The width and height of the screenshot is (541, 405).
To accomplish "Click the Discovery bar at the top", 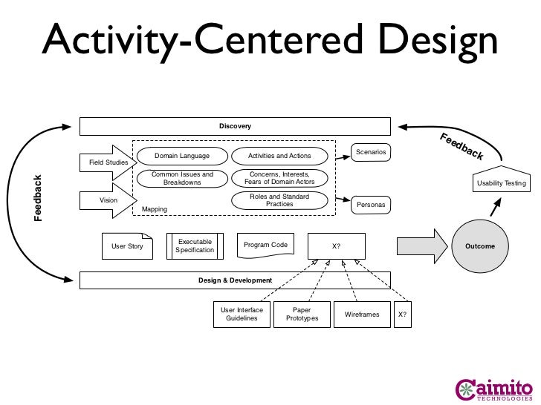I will (x=235, y=126).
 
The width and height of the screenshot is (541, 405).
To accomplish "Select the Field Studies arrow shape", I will (x=108, y=162).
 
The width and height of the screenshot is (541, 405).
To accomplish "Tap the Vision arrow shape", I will (x=108, y=200).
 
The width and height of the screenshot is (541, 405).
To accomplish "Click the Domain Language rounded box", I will (x=181, y=156).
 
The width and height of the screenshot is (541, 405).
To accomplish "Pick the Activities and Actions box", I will (x=278, y=156).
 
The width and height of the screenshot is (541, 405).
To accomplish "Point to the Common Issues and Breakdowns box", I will (x=181, y=178).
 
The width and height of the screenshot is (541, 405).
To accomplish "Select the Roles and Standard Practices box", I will (x=279, y=200).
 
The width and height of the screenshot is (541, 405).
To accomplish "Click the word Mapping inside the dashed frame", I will (x=155, y=210).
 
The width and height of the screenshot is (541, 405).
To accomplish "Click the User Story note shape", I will (x=127, y=246).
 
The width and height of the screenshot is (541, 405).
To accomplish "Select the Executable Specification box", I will (x=195, y=246).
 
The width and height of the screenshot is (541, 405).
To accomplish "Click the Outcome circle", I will (x=480, y=246).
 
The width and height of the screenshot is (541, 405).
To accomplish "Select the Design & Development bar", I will (x=235, y=280).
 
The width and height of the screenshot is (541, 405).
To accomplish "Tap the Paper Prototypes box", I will (x=302, y=315).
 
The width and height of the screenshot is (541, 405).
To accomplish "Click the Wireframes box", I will (x=362, y=315).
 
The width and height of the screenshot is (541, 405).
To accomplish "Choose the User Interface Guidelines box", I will (x=242, y=315).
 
